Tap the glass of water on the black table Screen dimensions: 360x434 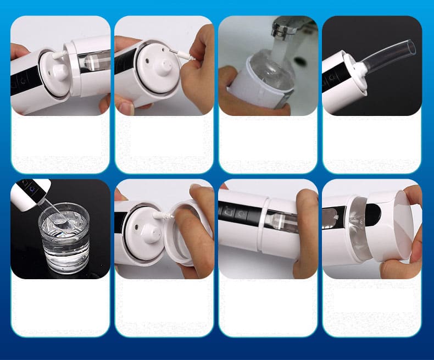tap(64, 239)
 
